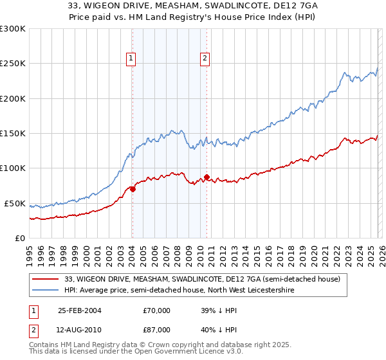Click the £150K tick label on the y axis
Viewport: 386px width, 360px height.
12,133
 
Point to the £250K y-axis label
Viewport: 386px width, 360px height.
12,64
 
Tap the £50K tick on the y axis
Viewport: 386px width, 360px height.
14,203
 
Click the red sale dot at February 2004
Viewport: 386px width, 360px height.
133,189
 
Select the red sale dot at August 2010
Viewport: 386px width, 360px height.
207,177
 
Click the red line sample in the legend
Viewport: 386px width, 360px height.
46,279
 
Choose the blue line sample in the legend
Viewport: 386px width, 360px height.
46,290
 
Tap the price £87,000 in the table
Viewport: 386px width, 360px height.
157,329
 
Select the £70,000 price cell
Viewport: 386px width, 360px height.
157,310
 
